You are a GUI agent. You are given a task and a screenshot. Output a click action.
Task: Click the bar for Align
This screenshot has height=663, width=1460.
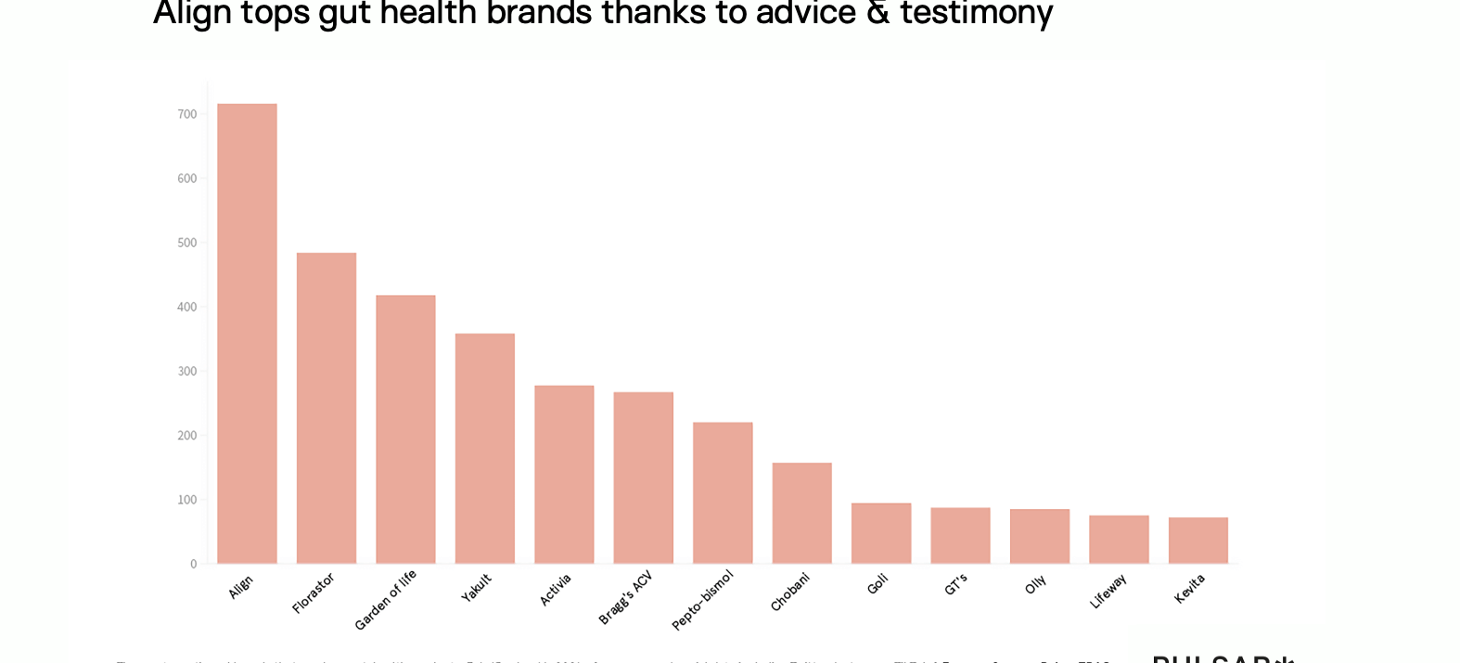(247, 334)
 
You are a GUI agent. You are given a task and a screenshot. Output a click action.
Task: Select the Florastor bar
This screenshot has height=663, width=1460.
(327, 408)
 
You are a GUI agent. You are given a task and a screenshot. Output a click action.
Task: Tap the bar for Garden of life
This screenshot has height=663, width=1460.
(405, 429)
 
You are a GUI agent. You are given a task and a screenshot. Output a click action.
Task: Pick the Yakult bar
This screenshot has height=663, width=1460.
(485, 448)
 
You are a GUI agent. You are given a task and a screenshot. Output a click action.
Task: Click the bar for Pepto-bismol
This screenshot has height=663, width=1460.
(723, 492)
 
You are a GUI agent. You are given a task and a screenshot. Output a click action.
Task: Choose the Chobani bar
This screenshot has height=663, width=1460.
(802, 513)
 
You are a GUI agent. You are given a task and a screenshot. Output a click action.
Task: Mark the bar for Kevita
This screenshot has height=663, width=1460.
(1198, 541)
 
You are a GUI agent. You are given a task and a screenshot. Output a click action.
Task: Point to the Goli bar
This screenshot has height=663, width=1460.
(881, 533)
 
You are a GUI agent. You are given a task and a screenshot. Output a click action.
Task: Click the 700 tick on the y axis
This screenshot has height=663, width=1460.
(187, 114)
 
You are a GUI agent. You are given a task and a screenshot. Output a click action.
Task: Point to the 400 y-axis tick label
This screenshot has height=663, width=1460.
(187, 307)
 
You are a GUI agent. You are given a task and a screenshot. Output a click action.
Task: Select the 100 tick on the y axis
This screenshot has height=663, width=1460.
(187, 500)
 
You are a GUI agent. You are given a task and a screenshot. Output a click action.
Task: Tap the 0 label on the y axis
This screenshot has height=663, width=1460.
(193, 564)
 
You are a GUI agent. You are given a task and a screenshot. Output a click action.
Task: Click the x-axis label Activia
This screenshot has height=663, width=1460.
(556, 590)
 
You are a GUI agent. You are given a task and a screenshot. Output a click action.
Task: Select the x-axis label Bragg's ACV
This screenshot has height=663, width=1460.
(626, 597)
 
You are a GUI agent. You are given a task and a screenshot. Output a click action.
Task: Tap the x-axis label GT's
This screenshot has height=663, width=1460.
(956, 584)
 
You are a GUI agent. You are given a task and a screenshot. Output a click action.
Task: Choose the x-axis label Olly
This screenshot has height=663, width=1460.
(1036, 584)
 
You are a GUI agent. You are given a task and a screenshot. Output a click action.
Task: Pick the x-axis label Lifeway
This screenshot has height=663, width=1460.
(1108, 591)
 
